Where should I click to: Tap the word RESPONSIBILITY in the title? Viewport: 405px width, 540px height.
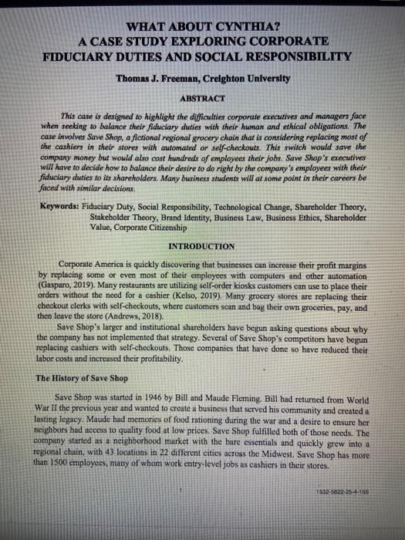pyautogui.click(x=289, y=56)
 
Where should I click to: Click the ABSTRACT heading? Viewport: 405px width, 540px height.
pyautogui.click(x=202, y=99)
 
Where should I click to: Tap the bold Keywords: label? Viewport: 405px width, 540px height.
pyautogui.click(x=66, y=208)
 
